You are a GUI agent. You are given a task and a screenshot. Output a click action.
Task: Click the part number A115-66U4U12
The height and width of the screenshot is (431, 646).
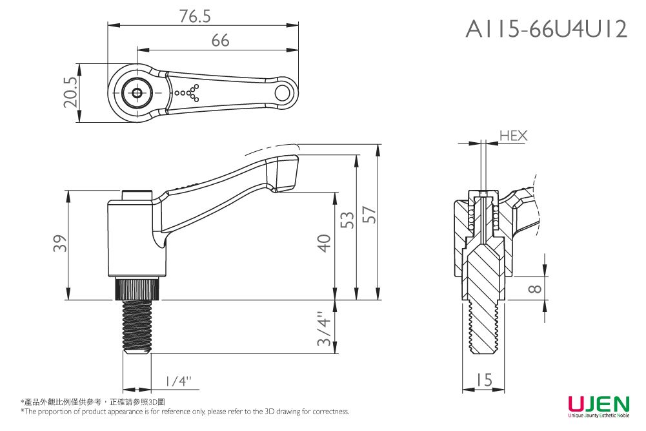coord(546,29)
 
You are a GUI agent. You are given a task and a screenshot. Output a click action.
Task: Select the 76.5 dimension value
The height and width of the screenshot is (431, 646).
coord(196,17)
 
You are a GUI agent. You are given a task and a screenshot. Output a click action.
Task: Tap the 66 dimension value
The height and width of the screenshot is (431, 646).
coord(220,41)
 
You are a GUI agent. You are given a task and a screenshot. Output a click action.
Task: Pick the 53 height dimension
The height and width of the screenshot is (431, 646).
coord(347,220)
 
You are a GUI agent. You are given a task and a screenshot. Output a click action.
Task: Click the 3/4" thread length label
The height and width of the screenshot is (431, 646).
coord(325,328)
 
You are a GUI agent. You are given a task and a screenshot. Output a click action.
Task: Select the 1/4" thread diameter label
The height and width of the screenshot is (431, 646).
coord(177,381)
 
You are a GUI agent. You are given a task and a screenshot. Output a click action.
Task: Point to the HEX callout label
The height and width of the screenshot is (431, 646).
coord(513,136)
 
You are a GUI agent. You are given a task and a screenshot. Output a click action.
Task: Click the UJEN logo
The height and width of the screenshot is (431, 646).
coord(598,405)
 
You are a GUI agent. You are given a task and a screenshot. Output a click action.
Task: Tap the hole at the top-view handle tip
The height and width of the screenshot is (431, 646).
coord(283,93)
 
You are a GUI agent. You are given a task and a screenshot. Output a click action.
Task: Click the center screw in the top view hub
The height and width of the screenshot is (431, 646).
coord(137,93)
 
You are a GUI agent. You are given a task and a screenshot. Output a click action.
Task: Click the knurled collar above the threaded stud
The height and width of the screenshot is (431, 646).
coord(137,289)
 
